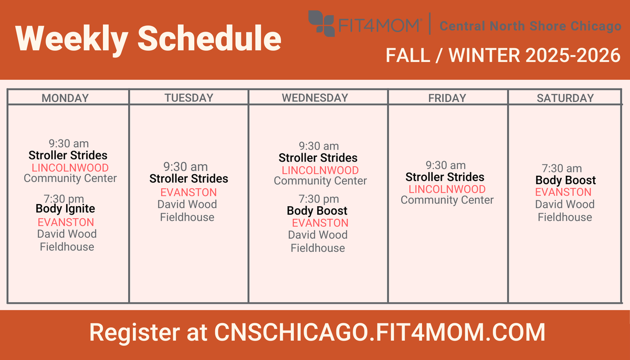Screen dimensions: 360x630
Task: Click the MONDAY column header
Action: click(x=65, y=98)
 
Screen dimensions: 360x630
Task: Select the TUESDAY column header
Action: click(x=188, y=98)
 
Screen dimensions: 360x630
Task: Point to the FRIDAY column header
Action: click(x=447, y=98)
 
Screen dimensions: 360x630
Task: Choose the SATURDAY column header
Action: click(x=565, y=98)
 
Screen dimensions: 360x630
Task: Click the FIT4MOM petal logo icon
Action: click(x=321, y=23)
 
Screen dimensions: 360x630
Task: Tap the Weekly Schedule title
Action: click(x=148, y=38)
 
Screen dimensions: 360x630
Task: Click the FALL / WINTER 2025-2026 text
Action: click(x=503, y=55)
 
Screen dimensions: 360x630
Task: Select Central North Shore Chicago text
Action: click(x=530, y=26)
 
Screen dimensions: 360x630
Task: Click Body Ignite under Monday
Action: click(x=65, y=208)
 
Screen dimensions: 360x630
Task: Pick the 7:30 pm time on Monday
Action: click(x=65, y=198)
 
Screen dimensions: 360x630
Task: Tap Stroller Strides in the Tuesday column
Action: click(x=188, y=178)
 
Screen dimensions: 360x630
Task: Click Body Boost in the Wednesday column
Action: click(x=317, y=210)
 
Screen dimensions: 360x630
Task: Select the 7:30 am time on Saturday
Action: click(x=562, y=168)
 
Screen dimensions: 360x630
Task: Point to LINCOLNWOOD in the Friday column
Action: click(x=447, y=189)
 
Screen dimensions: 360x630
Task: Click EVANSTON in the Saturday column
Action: click(x=563, y=192)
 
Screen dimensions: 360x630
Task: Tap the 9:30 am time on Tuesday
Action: click(x=185, y=167)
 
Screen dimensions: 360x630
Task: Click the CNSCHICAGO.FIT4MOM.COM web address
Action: click(x=380, y=332)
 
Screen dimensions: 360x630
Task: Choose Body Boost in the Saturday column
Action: click(x=565, y=180)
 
